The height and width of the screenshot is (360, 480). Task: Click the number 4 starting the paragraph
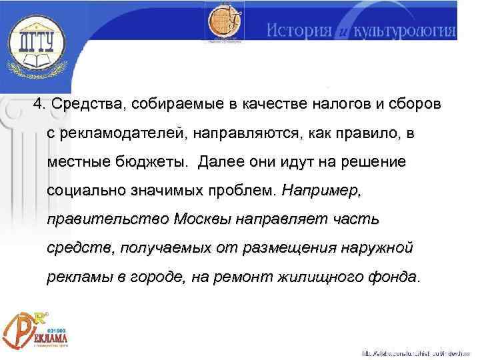click(x=39, y=105)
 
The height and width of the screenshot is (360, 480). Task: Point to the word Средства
click(x=89, y=105)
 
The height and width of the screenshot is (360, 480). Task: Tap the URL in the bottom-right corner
click(x=416, y=352)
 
